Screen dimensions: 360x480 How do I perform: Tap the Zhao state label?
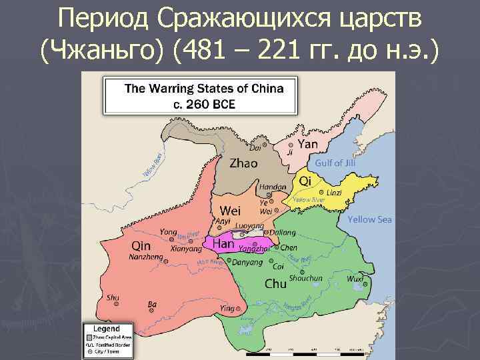click(245, 163)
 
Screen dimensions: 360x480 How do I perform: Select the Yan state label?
click(307, 145)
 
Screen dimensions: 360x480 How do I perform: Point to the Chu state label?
click(275, 283)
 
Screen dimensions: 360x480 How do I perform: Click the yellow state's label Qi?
click(306, 181)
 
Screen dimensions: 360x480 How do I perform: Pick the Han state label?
click(223, 245)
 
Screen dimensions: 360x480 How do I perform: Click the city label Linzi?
click(334, 193)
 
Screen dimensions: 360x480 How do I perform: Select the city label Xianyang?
click(186, 248)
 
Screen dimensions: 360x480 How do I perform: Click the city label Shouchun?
click(306, 278)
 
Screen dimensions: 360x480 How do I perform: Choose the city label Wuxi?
click(355, 279)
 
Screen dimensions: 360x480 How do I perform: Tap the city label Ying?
click(228, 309)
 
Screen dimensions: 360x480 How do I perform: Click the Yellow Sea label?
click(369, 219)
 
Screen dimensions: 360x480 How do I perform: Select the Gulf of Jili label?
click(335, 163)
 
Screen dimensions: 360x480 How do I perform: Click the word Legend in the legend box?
click(106, 329)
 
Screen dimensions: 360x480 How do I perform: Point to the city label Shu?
click(113, 297)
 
